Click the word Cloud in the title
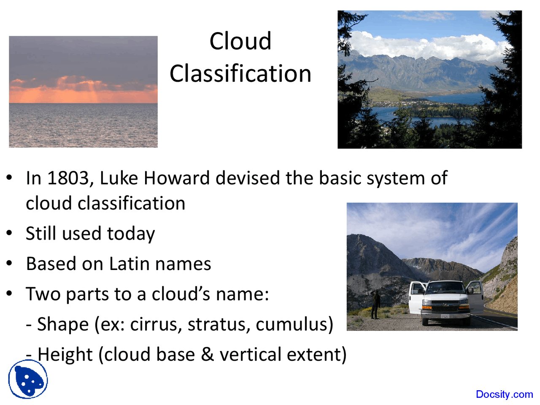[x=240, y=41]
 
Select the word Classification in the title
[x=240, y=74]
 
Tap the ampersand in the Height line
[x=207, y=354]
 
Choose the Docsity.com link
[x=504, y=394]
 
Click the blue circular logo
[x=28, y=379]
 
